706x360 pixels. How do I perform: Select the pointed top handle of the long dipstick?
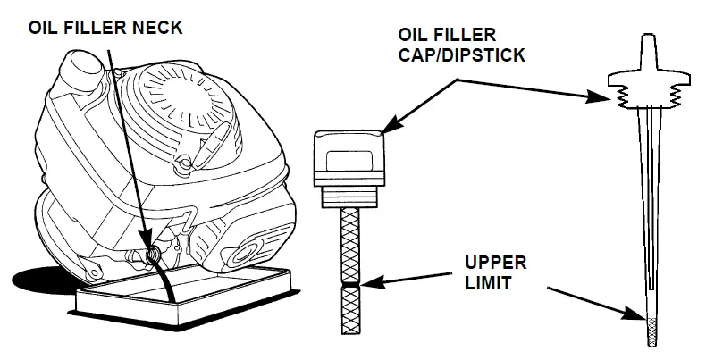(x=644, y=49)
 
